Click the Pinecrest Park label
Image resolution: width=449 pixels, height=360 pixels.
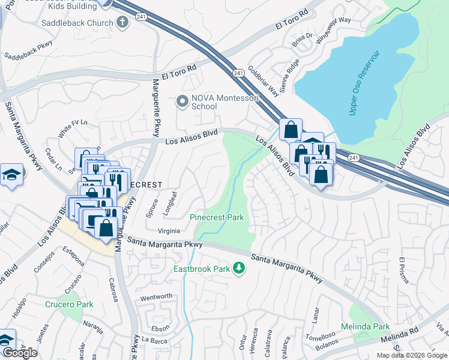(x=217, y=217)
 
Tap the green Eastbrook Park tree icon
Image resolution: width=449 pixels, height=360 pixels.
(x=240, y=268)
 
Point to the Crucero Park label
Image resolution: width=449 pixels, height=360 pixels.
(x=69, y=304)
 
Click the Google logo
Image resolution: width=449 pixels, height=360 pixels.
(x=20, y=353)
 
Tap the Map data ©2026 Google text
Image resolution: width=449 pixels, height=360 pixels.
(x=412, y=355)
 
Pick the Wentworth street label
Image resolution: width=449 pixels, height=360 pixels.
(x=156, y=296)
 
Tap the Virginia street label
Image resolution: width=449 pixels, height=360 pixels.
(x=169, y=230)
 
